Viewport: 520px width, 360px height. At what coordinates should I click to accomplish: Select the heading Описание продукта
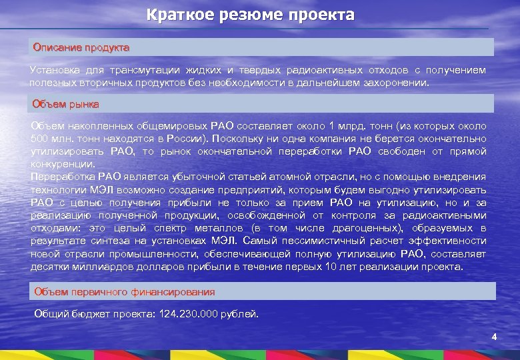81,48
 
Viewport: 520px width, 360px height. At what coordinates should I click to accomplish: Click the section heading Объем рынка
66,104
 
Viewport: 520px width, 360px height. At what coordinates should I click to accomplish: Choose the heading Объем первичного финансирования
125,291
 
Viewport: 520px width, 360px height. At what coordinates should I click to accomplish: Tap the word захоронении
396,84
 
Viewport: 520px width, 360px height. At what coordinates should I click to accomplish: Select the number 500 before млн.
40,139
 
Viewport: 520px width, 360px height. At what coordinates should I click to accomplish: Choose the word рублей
241,313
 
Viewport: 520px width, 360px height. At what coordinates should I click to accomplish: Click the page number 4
494,337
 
